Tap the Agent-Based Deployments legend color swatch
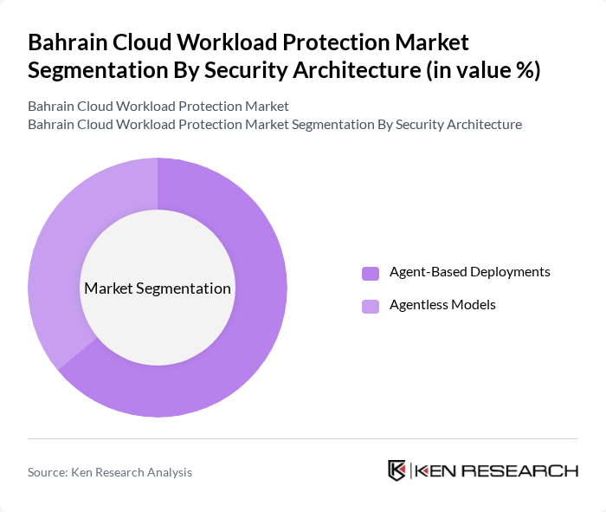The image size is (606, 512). (371, 273)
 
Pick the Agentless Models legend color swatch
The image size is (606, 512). (371, 306)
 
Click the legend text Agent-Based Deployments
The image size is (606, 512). (469, 272)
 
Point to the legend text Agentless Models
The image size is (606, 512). (442, 305)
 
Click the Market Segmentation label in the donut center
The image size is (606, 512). (158, 288)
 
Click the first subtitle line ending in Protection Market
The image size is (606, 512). (158, 107)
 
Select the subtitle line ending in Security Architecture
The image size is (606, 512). (274, 125)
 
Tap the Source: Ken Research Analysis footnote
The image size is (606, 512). (110, 472)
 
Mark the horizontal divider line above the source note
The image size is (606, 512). (303, 439)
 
